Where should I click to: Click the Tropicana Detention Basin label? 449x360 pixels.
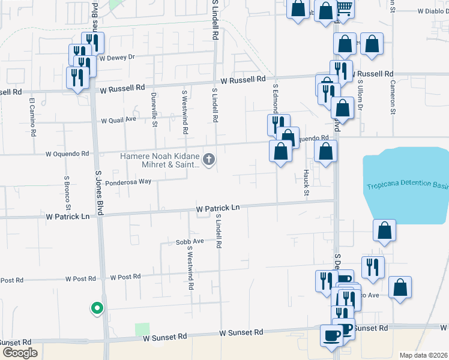[407, 182]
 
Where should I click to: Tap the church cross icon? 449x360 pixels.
[209, 159]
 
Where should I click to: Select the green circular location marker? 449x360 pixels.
[96, 308]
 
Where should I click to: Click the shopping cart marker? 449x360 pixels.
[344, 7]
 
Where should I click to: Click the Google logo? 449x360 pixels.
[19, 353]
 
